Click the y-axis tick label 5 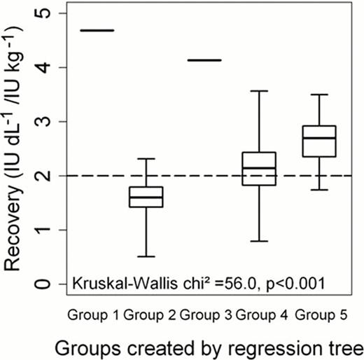pyautogui.click(x=47, y=13)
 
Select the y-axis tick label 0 pyautogui.click(x=47, y=284)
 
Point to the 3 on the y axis pyautogui.click(x=47, y=121)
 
